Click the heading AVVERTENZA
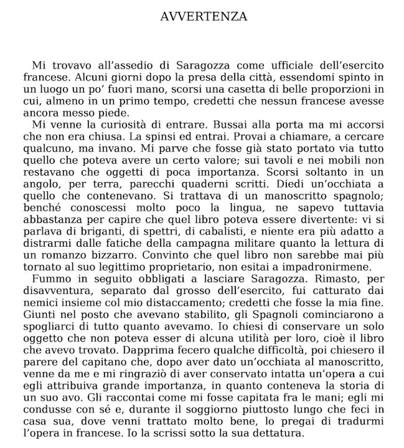tap(204, 17)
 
